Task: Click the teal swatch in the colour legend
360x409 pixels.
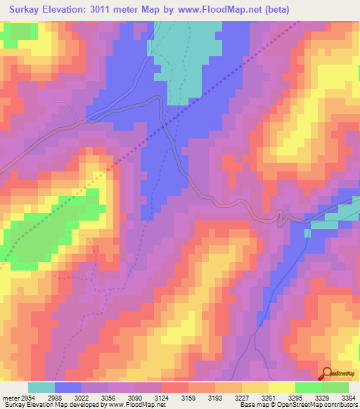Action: coord(41,387)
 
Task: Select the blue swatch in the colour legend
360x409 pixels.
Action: coord(68,387)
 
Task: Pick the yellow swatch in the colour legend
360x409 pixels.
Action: coord(281,387)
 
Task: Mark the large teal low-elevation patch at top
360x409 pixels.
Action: coord(186,60)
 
